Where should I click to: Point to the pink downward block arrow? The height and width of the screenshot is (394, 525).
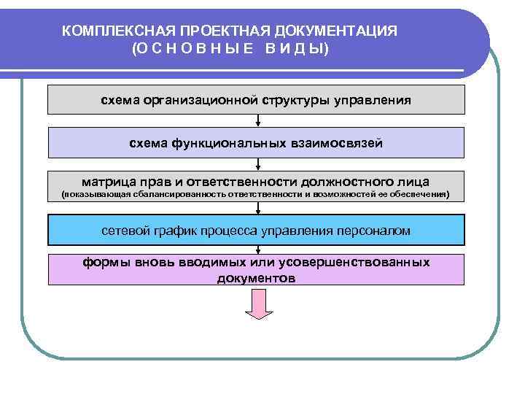(258, 302)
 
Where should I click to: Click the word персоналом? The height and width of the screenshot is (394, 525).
(373, 230)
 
